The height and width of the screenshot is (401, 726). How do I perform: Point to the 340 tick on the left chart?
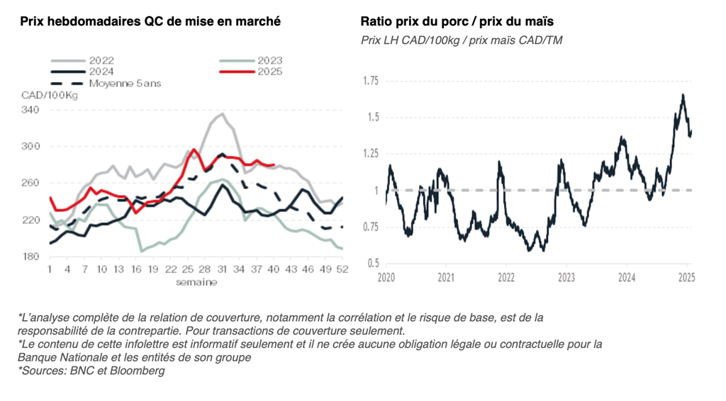30,110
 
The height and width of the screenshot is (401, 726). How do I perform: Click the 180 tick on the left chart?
30,256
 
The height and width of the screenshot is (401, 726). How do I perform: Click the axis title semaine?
196,281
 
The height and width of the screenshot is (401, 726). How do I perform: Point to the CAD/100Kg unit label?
49,96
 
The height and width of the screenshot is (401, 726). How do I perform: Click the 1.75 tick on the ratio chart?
370,81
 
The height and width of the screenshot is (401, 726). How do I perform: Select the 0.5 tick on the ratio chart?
373,264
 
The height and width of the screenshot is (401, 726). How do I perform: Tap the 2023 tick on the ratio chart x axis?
566,276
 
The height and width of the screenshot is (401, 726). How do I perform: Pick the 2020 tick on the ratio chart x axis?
386,276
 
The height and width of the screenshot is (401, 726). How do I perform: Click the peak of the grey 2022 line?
223,113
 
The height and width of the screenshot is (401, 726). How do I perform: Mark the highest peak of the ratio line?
683,95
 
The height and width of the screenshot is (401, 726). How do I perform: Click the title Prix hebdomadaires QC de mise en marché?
150,21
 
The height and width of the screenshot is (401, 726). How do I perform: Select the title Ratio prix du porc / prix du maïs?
457,21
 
